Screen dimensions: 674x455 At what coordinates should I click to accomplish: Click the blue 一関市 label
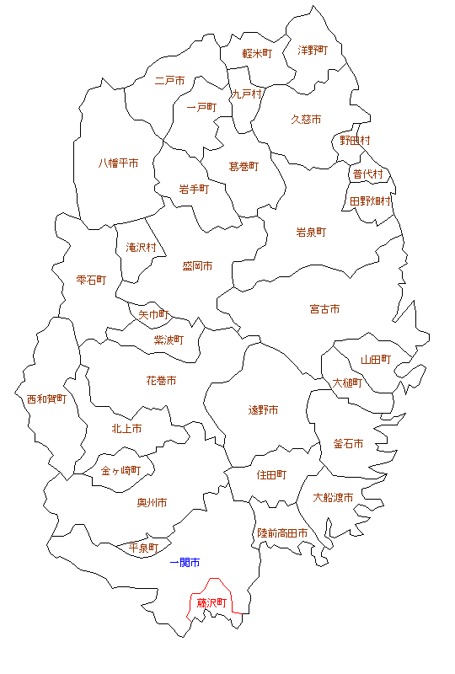[185, 562]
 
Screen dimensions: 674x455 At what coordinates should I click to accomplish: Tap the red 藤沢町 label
[211, 603]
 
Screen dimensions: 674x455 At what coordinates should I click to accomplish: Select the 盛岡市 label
[197, 265]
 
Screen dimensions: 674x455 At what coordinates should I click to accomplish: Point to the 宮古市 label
[324, 309]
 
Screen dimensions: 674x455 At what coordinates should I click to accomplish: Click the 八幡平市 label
[119, 163]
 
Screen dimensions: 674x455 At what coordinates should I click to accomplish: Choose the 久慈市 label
[306, 120]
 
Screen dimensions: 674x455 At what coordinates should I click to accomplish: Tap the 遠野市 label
[263, 410]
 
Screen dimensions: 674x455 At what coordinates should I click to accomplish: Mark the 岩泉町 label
[311, 232]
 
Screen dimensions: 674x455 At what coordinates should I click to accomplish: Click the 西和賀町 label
[46, 399]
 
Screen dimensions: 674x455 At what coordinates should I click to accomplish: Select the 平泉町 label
[143, 548]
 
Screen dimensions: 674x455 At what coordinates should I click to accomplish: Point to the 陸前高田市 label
[282, 533]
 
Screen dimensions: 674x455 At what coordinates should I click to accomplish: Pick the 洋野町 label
[313, 51]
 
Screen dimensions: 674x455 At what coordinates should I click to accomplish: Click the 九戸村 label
[247, 94]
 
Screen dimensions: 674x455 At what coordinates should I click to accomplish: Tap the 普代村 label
[368, 174]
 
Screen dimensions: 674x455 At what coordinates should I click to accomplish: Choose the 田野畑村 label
[371, 201]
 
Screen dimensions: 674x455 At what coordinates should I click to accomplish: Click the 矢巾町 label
[154, 314]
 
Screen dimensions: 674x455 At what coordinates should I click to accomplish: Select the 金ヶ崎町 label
[120, 470]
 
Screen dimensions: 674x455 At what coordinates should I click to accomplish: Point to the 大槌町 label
[347, 382]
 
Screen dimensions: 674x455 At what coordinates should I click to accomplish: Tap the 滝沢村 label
[141, 248]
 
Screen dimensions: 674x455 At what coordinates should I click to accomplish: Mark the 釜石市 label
[348, 443]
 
